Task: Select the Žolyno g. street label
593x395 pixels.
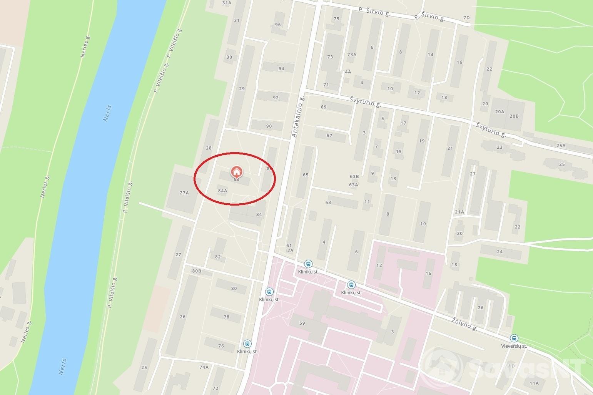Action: click(465, 322)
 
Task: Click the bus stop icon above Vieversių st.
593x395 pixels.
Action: click(513, 339)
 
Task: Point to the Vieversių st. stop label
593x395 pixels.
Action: click(514, 346)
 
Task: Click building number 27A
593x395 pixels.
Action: click(184, 193)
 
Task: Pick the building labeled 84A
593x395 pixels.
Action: click(222, 191)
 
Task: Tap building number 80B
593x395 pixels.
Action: click(197, 271)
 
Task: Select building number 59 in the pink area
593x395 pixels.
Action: click(302, 323)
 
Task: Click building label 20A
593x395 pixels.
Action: click(499, 112)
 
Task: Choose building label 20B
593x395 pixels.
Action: click(514, 116)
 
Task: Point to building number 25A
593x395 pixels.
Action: click(561, 146)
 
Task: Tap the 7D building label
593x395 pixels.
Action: click(466, 18)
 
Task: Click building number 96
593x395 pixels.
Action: click(278, 25)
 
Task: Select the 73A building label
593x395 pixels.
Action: click(352, 55)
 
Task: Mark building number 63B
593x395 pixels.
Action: click(354, 177)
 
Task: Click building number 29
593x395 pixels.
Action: click(242, 89)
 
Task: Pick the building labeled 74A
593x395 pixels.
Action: click(204, 367)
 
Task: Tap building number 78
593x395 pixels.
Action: click(226, 317)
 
